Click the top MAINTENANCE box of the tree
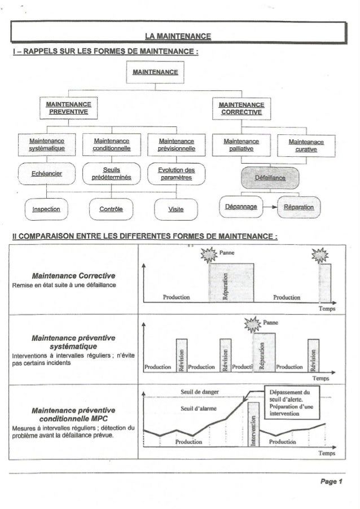155,71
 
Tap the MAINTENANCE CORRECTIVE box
241,108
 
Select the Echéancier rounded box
47,174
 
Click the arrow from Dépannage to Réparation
270,208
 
